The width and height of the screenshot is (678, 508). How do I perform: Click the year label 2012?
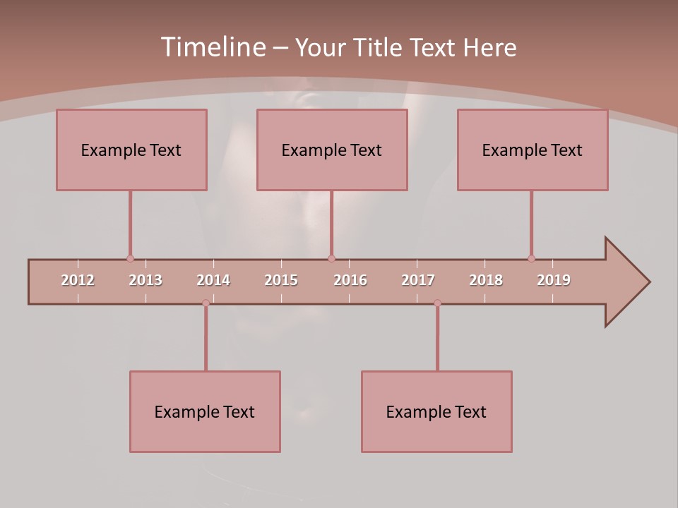78,280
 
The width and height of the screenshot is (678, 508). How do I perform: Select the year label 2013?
145,280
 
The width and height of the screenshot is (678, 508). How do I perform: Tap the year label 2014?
213,280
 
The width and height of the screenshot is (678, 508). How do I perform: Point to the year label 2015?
281,280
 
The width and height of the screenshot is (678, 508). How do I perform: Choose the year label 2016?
350,280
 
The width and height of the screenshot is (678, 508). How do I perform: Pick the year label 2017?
418,280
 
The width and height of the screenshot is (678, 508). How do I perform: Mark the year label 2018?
486,280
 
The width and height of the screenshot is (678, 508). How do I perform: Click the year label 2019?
554,280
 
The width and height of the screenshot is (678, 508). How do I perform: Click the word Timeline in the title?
212,47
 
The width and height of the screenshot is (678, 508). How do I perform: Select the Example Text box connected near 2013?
131,150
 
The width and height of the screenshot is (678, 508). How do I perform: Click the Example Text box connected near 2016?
332,150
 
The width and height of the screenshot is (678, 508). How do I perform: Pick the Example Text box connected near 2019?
533,150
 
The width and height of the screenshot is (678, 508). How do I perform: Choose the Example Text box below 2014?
205,411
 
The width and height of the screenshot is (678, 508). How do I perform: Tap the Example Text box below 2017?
436,411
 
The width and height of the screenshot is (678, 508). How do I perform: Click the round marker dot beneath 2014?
206,303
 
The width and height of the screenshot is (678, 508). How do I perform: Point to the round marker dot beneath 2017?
437,303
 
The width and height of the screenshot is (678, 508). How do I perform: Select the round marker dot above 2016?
331,258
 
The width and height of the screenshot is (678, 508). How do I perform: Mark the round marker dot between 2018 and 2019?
531,258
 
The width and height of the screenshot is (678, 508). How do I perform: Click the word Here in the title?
489,48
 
